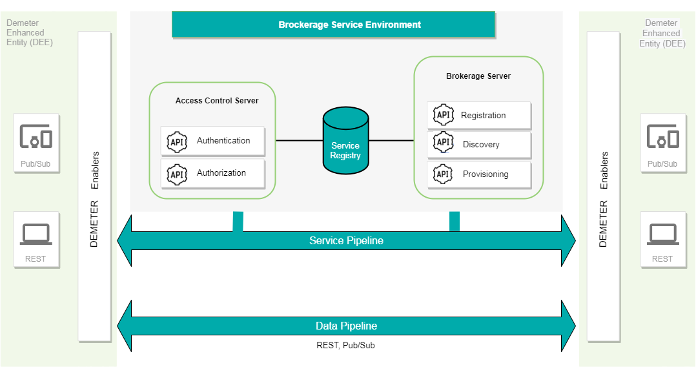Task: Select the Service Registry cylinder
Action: [x=345, y=142]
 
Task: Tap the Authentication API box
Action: [x=212, y=141]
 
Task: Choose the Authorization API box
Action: [x=212, y=173]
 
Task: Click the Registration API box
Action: [x=479, y=116]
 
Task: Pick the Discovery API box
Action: [x=479, y=145]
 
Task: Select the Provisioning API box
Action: [x=479, y=174]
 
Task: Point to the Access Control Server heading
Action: [x=217, y=101]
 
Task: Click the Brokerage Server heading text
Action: [x=478, y=76]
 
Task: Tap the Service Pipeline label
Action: [x=346, y=241]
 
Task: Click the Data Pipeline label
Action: [x=346, y=326]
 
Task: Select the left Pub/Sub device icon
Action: [x=36, y=137]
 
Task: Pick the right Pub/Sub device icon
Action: [x=662, y=137]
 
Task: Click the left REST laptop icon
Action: [x=36, y=234]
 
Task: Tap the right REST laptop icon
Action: [x=662, y=234]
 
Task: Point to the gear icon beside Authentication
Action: [x=177, y=141]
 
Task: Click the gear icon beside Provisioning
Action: [x=443, y=174]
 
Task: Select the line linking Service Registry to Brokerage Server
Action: [x=391, y=141]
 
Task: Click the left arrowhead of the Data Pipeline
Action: [x=124, y=326]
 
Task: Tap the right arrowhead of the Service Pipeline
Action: [x=568, y=241]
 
